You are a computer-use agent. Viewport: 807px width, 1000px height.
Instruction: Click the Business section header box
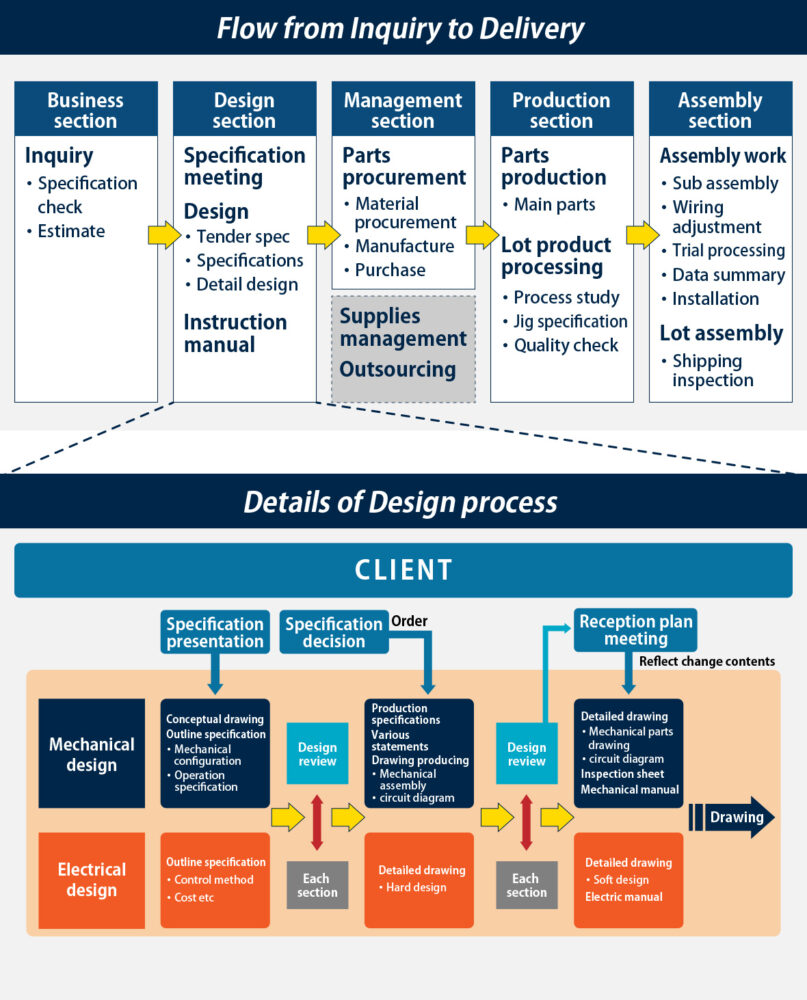click(85, 110)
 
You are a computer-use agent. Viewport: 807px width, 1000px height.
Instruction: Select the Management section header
click(403, 110)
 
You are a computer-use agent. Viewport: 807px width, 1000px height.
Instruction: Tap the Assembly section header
click(720, 110)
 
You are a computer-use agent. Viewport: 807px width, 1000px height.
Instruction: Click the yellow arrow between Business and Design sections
click(164, 235)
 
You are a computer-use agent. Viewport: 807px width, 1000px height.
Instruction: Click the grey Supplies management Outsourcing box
click(403, 349)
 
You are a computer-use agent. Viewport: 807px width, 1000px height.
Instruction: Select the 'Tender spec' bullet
click(243, 237)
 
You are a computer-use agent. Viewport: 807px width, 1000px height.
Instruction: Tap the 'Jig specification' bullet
click(570, 321)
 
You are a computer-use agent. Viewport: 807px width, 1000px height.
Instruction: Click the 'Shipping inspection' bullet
click(712, 370)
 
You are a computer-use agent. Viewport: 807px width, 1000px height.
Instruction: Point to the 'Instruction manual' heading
click(235, 333)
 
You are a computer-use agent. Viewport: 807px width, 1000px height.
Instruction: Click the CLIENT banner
click(403, 570)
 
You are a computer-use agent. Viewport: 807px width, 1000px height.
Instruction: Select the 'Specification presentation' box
click(215, 632)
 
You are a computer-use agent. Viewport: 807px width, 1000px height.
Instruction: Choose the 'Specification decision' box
click(334, 632)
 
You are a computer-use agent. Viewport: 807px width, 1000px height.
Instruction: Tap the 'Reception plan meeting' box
click(635, 630)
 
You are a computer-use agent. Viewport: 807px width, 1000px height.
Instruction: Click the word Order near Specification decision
click(409, 621)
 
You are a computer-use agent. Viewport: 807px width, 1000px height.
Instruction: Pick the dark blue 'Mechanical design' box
click(91, 754)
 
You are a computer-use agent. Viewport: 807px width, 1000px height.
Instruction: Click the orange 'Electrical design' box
click(91, 880)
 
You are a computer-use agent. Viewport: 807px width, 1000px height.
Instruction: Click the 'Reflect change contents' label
click(706, 661)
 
